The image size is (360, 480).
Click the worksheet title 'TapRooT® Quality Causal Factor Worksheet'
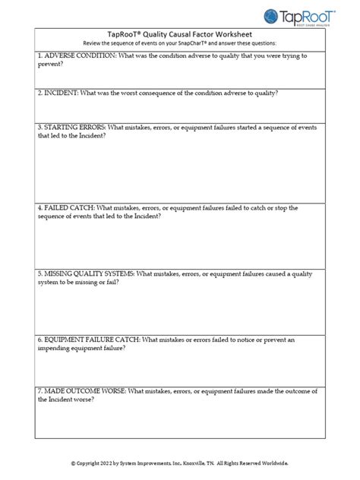[x=179, y=34]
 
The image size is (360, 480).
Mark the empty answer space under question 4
[x=179, y=243]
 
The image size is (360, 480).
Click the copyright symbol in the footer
[x=74, y=463]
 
